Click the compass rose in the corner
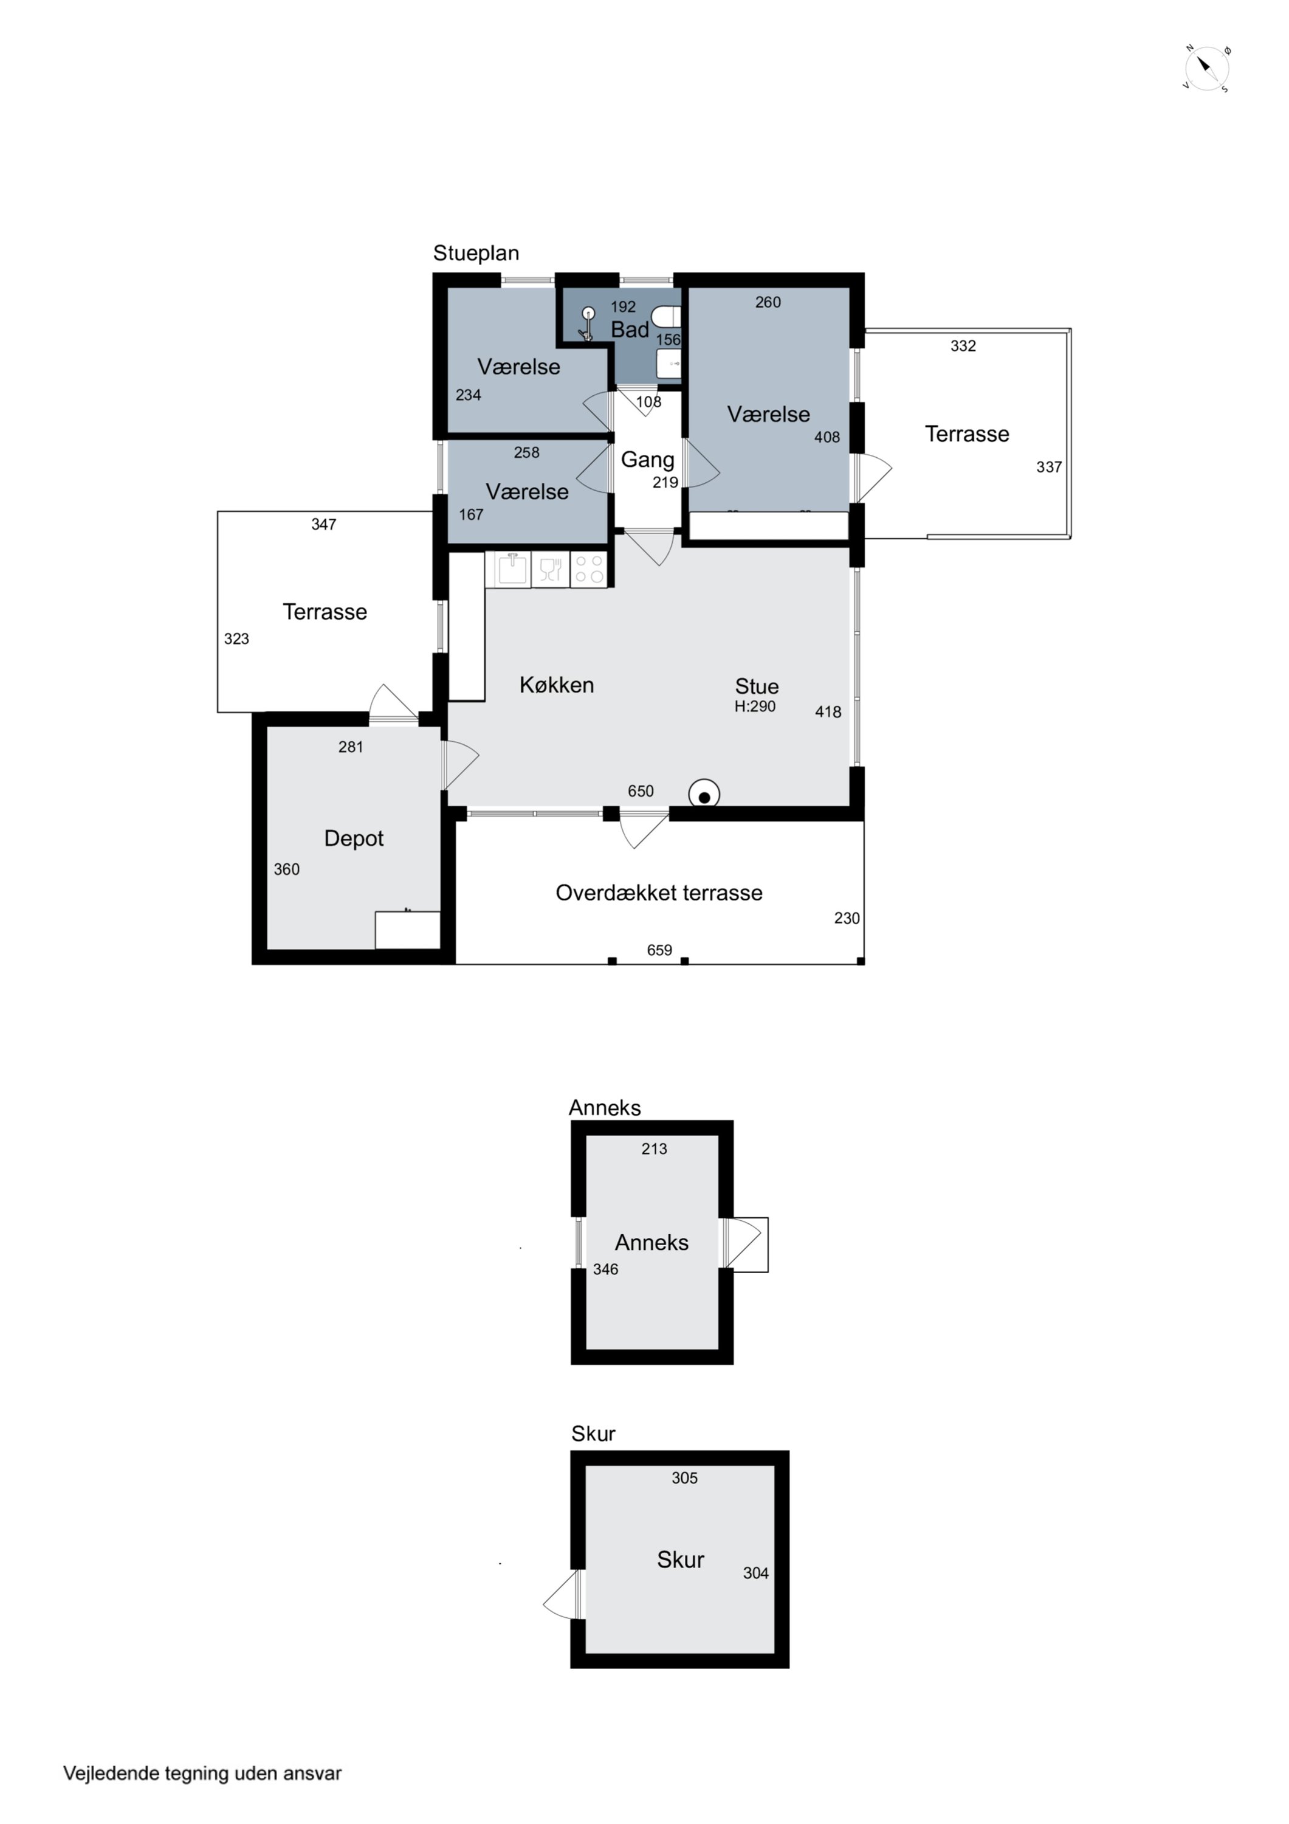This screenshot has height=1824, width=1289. click(x=1206, y=68)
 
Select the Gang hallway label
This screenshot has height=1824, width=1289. click(x=647, y=460)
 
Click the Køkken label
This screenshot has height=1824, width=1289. click(x=557, y=685)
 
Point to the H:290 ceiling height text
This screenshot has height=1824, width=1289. click(x=754, y=706)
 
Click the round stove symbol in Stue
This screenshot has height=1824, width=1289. click(x=704, y=795)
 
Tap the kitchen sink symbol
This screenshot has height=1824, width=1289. click(x=513, y=570)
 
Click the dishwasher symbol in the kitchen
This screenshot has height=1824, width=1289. click(x=551, y=570)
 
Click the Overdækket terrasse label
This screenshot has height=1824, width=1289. click(x=659, y=893)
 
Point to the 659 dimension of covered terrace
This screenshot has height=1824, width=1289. click(x=659, y=950)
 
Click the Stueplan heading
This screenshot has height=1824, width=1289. click(x=476, y=254)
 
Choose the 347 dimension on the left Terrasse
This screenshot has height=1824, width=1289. click(x=324, y=524)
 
